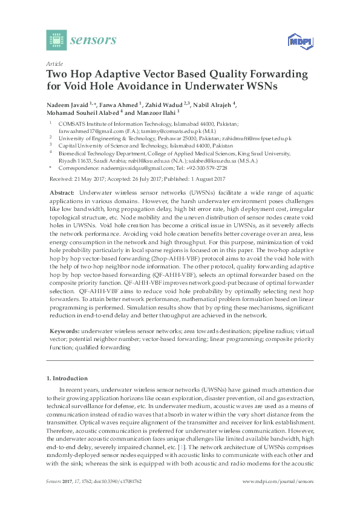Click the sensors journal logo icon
[x=56, y=40]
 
